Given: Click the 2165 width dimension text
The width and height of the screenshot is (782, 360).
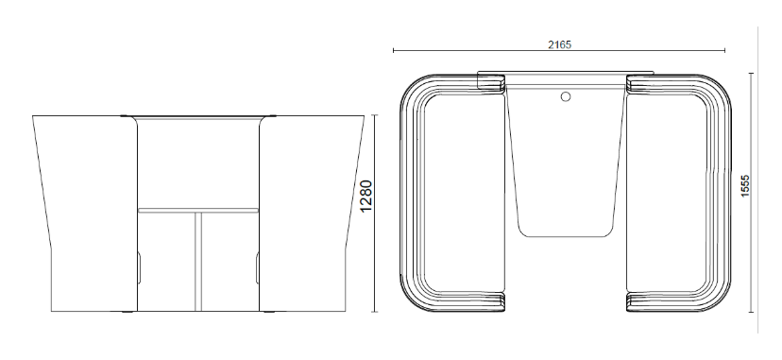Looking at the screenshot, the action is point(559,44).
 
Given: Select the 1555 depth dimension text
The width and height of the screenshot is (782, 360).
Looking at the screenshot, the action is point(745,185).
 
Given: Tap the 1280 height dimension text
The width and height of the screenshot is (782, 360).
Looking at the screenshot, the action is point(366,196).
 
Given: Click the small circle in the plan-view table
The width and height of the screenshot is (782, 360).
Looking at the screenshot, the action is point(566,96).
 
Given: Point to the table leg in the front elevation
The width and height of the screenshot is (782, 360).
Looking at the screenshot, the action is point(198,262).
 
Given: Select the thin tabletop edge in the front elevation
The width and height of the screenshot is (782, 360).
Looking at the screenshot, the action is point(198,211).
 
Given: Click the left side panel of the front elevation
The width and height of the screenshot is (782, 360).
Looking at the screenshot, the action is point(85,214).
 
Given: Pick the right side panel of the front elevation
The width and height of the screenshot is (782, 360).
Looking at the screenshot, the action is point(312,214).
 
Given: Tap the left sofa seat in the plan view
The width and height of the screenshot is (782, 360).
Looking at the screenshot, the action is point(464,192).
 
